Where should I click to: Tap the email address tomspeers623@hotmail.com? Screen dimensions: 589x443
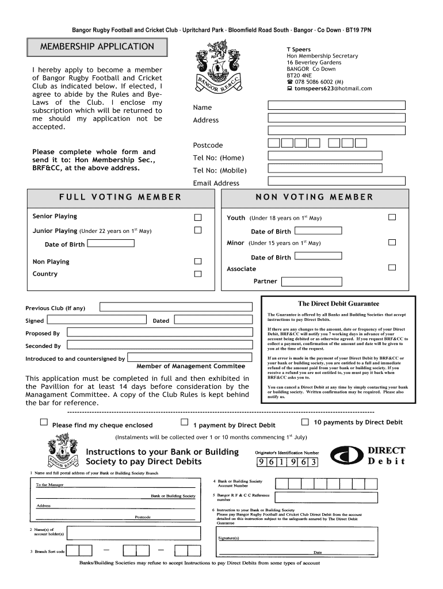coord(333,89)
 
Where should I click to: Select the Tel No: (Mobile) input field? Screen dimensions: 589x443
coord(324,169)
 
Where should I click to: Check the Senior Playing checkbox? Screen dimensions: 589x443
coord(198,217)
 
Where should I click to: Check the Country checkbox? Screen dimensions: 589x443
coord(198,274)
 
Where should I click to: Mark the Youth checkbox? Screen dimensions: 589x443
coord(392,217)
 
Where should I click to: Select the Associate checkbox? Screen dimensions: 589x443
coord(392,267)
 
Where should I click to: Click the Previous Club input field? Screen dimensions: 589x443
coord(175,307)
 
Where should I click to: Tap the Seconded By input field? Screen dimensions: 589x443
coord(159,346)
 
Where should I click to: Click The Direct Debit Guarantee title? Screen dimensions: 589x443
coord(338,304)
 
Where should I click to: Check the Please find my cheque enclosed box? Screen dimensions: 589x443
coord(44,422)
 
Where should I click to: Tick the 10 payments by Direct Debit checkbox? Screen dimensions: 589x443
coord(305,422)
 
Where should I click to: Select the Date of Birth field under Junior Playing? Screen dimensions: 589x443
coord(112,243)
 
